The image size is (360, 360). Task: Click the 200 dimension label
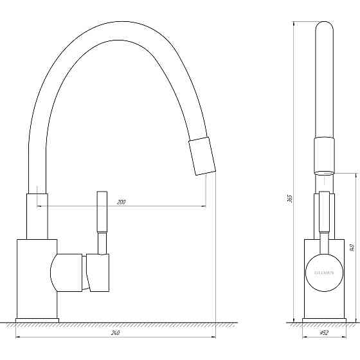(122, 202)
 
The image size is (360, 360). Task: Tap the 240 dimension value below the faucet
(116, 333)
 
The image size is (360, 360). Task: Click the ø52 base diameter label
(325, 333)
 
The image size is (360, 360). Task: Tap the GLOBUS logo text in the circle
(324, 273)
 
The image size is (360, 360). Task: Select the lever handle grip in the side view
(102, 212)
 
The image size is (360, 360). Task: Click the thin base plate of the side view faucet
(37, 319)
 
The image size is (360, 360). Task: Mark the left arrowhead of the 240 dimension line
(18, 337)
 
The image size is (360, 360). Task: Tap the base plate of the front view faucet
(324, 319)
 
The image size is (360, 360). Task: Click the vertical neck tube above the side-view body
(37, 215)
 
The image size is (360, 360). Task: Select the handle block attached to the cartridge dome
(98, 273)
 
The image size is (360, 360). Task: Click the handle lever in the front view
(324, 219)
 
